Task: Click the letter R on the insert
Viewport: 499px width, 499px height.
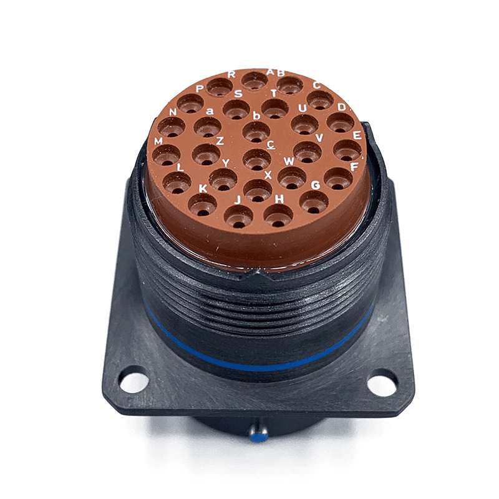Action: [231, 74]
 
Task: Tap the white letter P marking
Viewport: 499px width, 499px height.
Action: [200, 89]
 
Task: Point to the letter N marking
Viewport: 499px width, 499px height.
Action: [173, 112]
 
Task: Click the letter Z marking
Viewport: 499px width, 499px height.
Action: [220, 141]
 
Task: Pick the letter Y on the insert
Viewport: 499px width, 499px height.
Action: [226, 163]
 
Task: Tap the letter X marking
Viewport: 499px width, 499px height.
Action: [268, 175]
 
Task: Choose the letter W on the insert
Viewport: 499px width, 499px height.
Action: [289, 161]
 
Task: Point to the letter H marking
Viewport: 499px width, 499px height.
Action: [279, 198]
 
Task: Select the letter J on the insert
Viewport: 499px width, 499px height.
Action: [238, 200]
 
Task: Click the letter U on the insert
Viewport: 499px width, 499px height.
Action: [303, 108]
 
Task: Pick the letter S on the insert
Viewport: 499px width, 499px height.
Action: [238, 94]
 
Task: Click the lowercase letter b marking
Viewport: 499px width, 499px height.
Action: [256, 115]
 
